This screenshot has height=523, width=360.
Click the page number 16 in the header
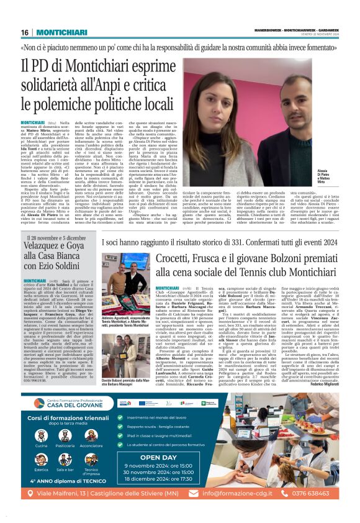25,32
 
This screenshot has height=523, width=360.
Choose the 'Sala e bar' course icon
65,468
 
